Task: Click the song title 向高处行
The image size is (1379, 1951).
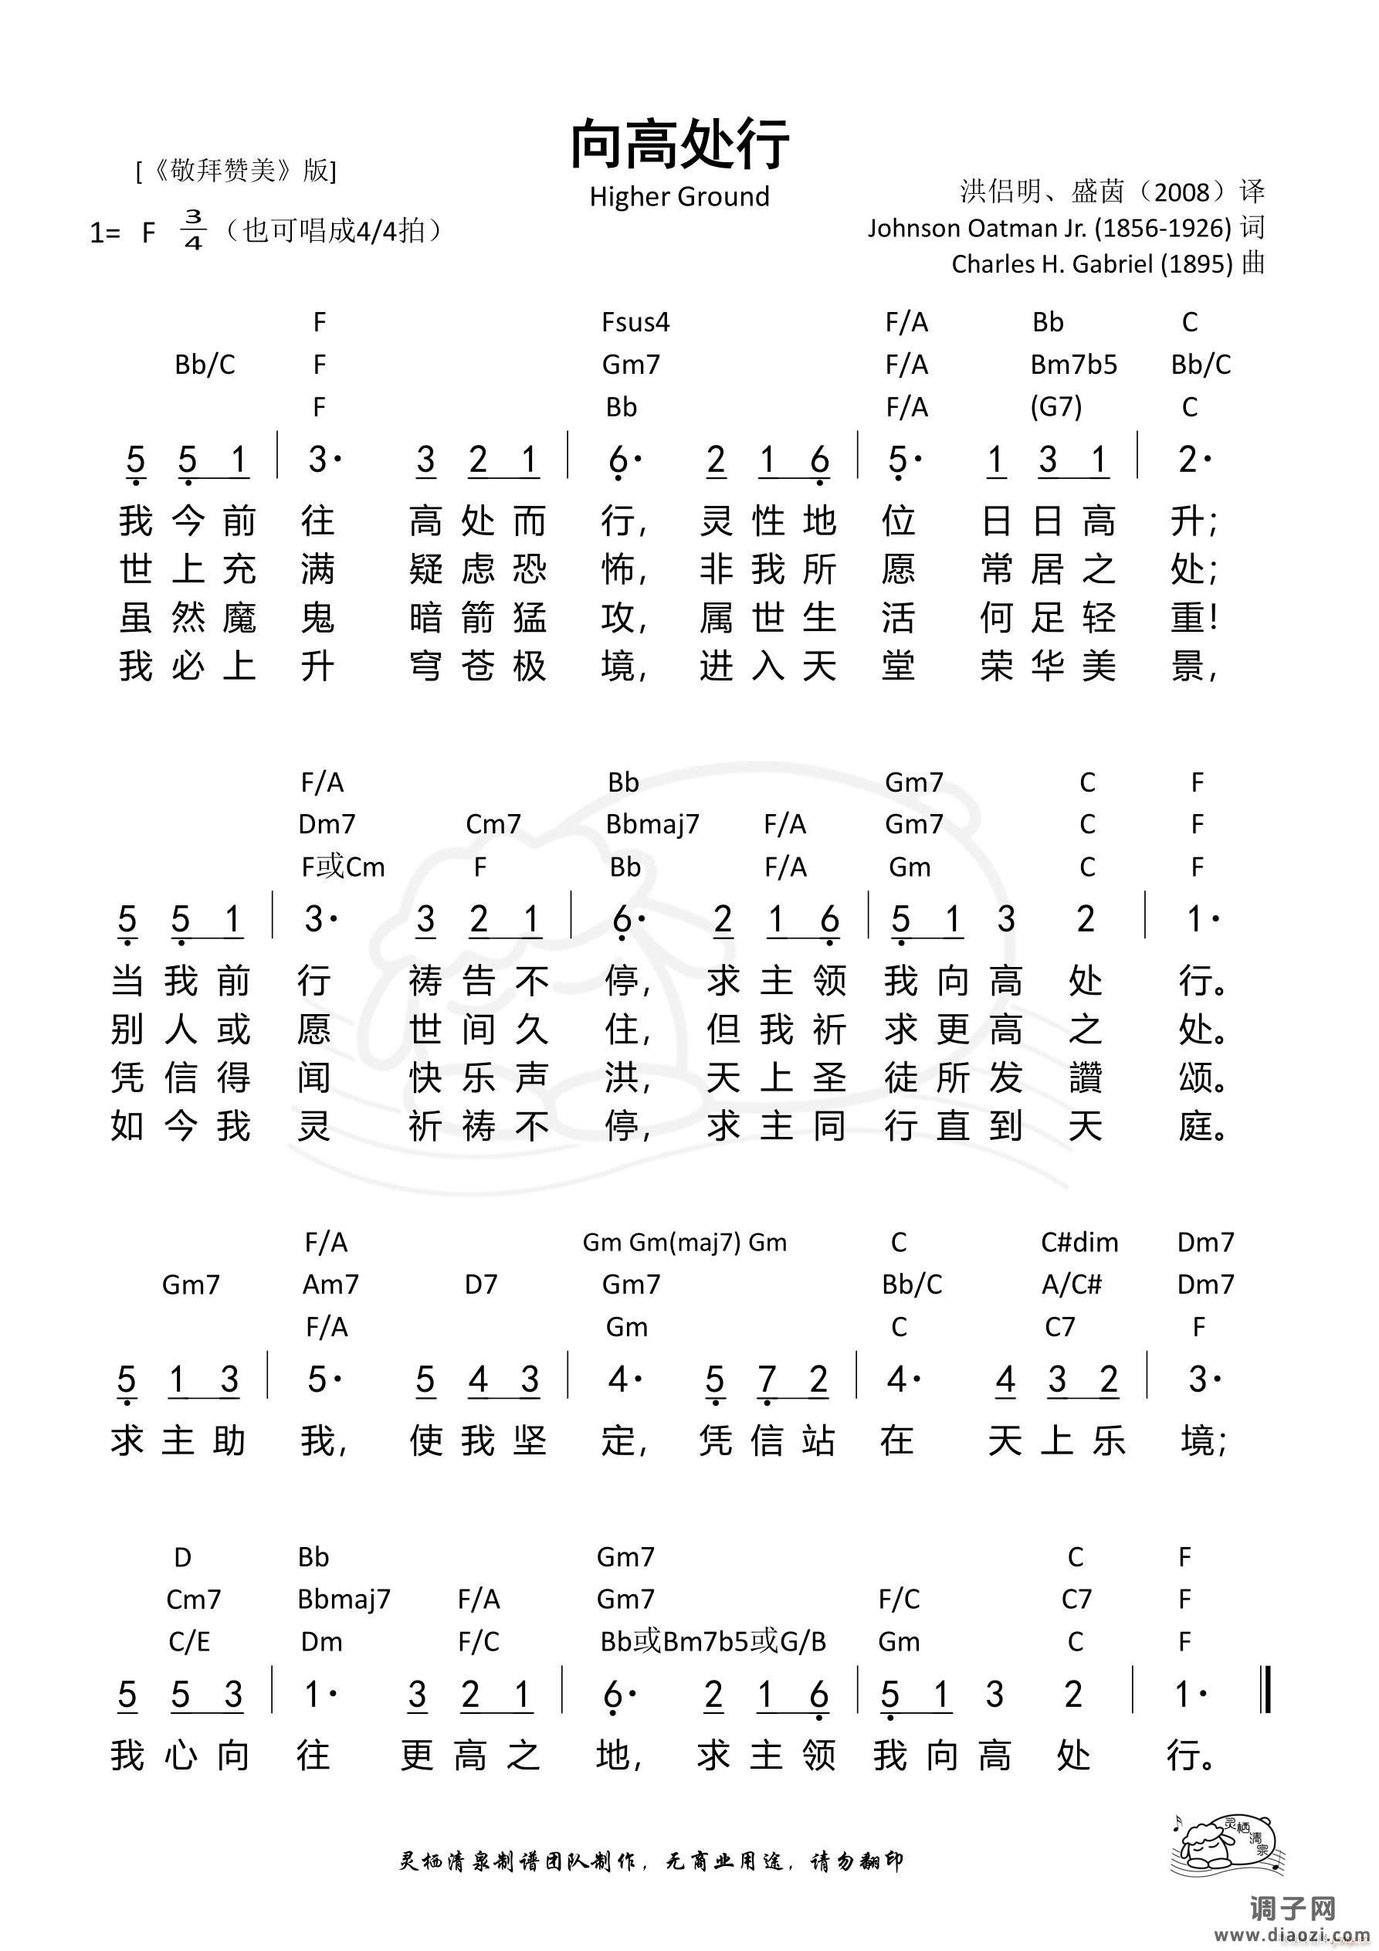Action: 679,144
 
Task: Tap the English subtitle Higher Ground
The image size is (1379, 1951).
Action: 679,196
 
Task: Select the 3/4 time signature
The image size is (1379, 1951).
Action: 193,229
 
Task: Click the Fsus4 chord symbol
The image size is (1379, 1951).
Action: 635,322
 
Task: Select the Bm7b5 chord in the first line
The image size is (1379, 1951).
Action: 1073,365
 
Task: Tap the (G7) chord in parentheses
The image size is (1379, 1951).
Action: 1055,407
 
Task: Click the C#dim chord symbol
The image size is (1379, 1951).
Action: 1079,1242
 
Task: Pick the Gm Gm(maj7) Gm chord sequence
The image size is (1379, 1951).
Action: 684,1242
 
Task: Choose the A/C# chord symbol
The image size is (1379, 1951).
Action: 1072,1284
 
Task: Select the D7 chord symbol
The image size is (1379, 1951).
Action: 480,1284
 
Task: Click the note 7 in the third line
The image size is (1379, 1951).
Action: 767,1380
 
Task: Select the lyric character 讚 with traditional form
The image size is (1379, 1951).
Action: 1085,1077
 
